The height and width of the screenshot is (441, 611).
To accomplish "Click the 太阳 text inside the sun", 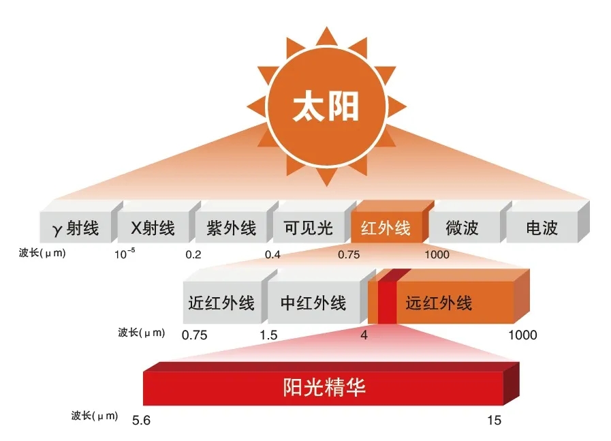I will [x=325, y=108].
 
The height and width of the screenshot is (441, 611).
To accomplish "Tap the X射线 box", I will [x=153, y=228].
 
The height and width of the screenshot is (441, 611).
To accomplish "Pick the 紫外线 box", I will [x=231, y=228].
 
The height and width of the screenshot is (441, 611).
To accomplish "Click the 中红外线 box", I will [x=313, y=303].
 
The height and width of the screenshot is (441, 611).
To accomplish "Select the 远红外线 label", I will [x=439, y=303].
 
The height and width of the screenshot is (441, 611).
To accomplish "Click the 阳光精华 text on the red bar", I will [x=324, y=387].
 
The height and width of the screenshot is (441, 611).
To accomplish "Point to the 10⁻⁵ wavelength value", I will [x=125, y=254].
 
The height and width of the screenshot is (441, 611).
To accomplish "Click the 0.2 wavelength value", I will [x=193, y=255].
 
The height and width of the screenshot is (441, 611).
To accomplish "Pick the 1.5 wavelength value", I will [x=268, y=335].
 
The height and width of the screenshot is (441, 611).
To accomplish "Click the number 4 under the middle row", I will [x=364, y=335].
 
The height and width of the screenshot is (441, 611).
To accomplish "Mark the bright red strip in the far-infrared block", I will [x=387, y=303].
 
